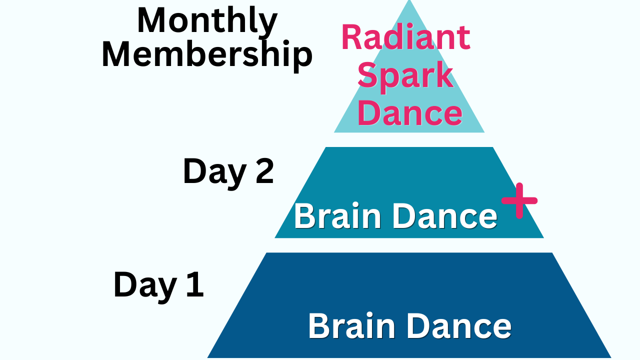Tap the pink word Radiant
(x=406, y=37)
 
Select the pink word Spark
(x=405, y=77)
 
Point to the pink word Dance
(x=409, y=112)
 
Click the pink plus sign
(x=519, y=200)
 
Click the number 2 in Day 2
(x=264, y=171)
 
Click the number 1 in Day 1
(x=195, y=284)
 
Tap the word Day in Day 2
(x=214, y=173)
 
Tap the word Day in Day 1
(x=145, y=286)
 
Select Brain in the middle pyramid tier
(x=337, y=216)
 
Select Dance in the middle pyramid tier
(x=445, y=216)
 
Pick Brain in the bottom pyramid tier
(x=351, y=325)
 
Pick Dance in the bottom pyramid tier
(x=459, y=325)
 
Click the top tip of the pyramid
(x=409, y=0)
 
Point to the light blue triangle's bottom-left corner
(x=334, y=132)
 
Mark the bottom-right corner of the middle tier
(x=543, y=237)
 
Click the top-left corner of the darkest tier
(x=266, y=253)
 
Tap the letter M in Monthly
(x=152, y=20)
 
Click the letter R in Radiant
(x=351, y=37)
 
